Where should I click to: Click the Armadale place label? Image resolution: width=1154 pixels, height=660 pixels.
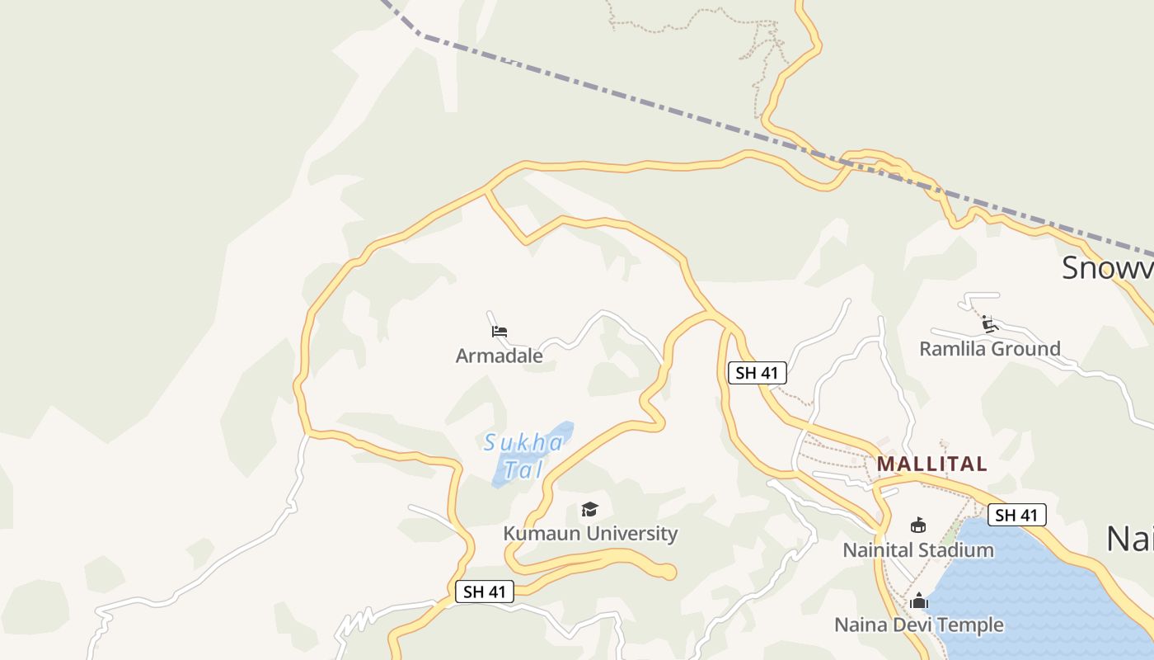coord(499,356)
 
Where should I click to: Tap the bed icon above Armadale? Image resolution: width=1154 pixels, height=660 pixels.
coord(499,332)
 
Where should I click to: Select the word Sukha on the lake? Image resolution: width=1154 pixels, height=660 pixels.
coord(523,443)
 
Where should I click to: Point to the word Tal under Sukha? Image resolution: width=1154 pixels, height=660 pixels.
coord(523,469)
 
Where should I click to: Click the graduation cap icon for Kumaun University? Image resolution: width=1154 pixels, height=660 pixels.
coord(589,509)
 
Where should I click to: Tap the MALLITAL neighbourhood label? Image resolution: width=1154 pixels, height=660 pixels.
coord(931,464)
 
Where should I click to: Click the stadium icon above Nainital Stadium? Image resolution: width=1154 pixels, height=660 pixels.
coord(917,525)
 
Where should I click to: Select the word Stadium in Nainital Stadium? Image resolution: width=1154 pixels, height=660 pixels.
coord(956,549)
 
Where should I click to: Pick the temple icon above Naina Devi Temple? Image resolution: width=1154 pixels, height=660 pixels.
coord(918,601)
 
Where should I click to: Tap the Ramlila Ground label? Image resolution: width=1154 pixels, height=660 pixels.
coord(989,348)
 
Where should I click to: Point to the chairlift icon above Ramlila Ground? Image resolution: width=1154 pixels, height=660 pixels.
coord(989,323)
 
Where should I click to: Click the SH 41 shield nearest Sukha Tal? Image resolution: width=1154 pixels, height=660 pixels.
coord(484,592)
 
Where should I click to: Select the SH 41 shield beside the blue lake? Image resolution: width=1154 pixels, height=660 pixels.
coord(1016,515)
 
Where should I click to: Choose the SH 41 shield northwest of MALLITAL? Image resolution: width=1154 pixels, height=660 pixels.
coord(758,373)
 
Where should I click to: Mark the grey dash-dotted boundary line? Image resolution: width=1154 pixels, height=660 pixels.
coord(659,98)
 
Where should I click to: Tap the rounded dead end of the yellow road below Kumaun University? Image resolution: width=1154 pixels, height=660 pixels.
coord(668,572)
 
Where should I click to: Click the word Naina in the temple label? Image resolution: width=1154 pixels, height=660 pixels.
coord(861,625)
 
